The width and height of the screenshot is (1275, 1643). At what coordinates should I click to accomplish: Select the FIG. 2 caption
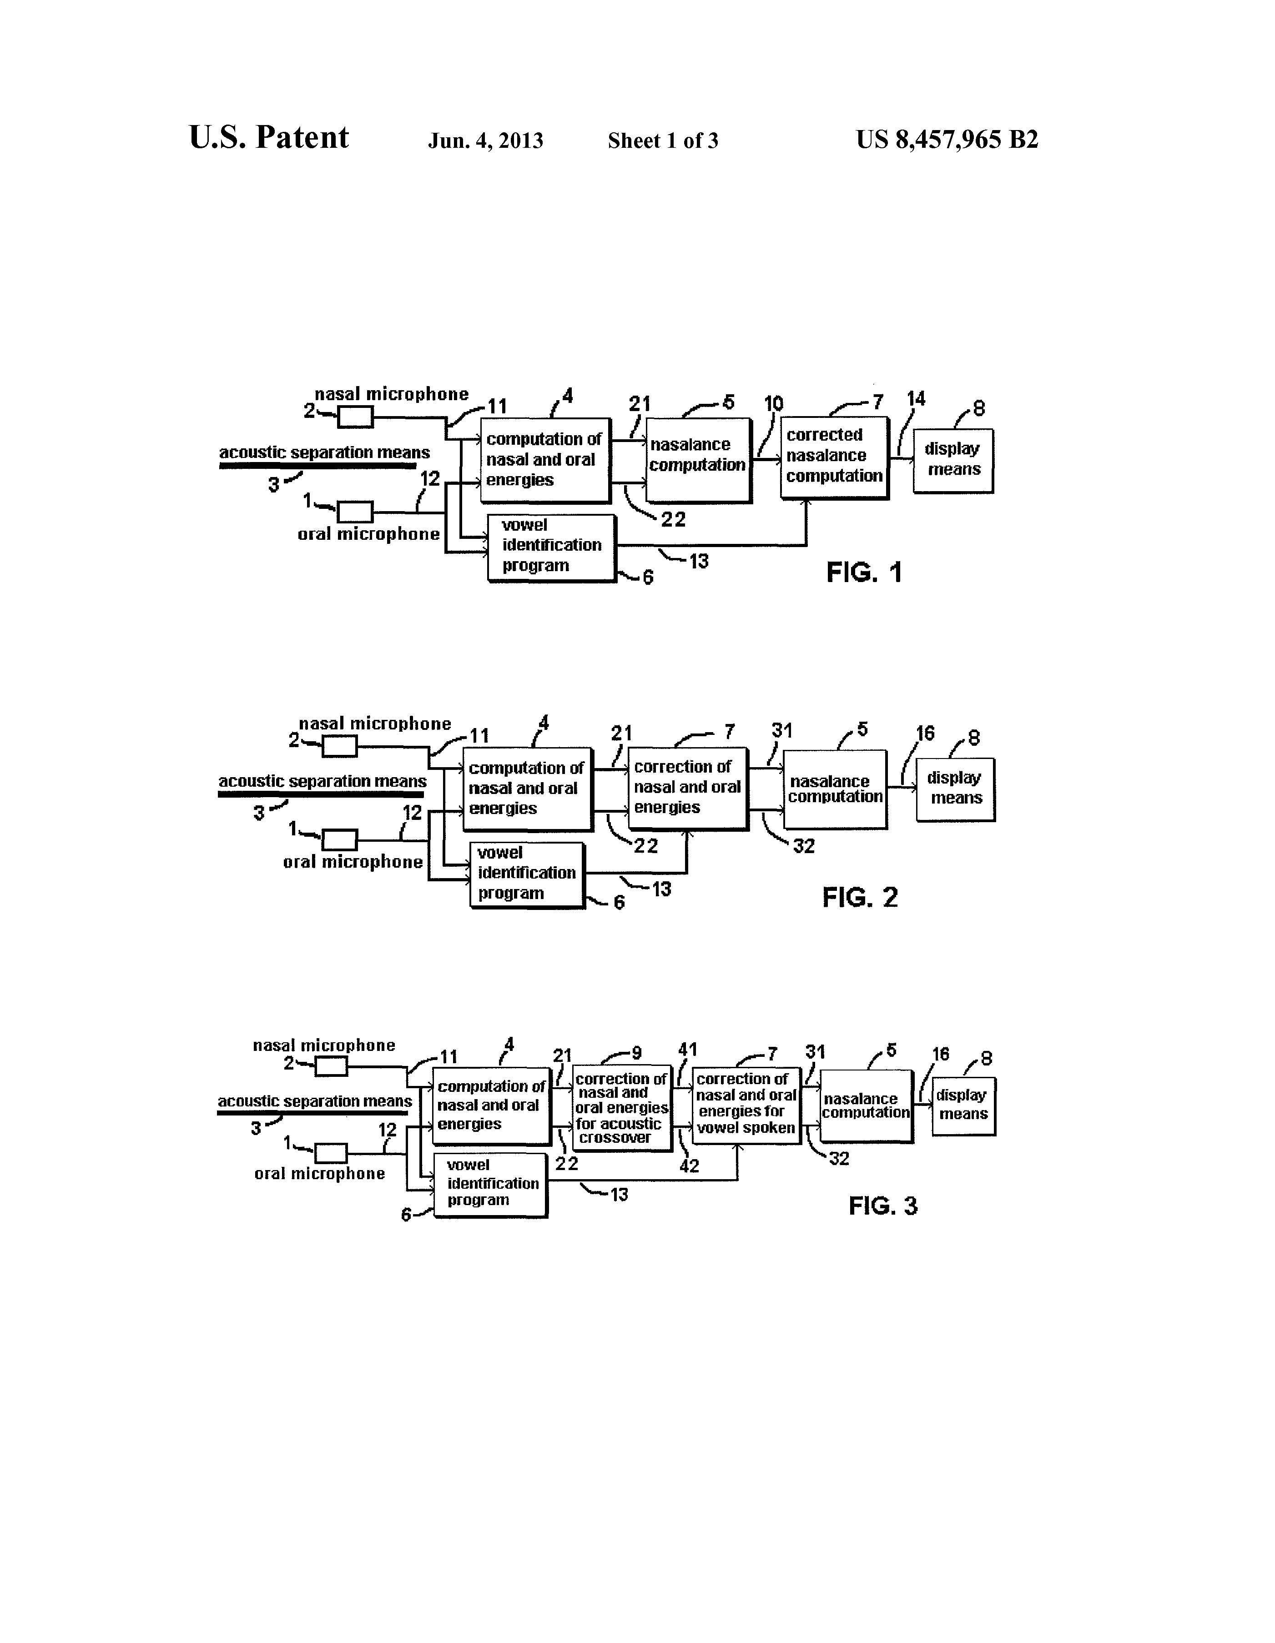tap(860, 898)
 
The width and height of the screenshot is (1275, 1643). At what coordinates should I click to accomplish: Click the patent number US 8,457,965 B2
tap(947, 140)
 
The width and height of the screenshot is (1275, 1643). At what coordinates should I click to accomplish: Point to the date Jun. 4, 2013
tap(485, 141)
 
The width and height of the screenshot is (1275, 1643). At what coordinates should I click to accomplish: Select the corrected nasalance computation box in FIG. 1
tap(834, 457)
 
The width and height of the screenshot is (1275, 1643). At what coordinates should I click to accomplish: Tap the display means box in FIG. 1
tap(953, 460)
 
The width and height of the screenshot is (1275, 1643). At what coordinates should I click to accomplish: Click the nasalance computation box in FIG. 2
tap(835, 789)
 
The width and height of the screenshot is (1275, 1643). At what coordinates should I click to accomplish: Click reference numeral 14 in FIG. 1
tap(916, 399)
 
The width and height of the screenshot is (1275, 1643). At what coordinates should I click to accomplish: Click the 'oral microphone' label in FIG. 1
tap(368, 534)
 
